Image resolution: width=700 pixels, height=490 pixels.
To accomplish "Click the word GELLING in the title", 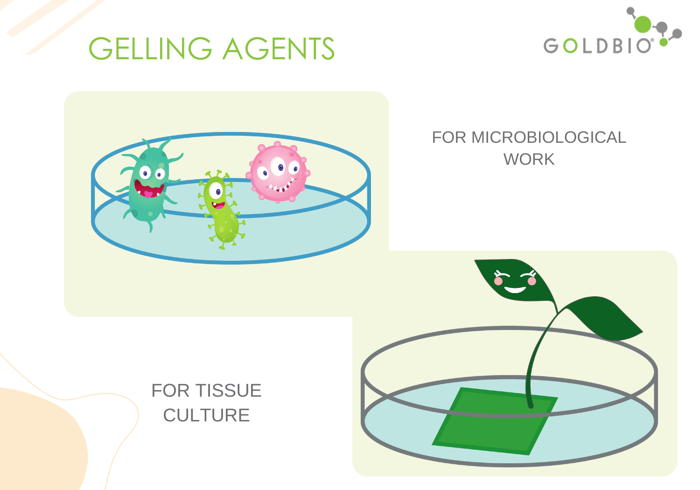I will coord(150,49).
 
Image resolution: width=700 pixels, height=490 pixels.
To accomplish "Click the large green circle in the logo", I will coord(643,24).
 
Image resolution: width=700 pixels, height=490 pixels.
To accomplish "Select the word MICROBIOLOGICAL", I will coord(548,137).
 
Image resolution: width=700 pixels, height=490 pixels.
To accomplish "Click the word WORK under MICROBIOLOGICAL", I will coord(529,160).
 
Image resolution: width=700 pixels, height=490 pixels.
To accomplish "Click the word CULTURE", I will coord(206,415).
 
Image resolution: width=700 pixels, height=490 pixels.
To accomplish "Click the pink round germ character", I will coord(279,173).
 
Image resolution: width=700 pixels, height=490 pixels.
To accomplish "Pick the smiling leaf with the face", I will coord(513,280).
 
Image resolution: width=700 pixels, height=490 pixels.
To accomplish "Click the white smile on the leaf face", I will coord(515,289).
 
